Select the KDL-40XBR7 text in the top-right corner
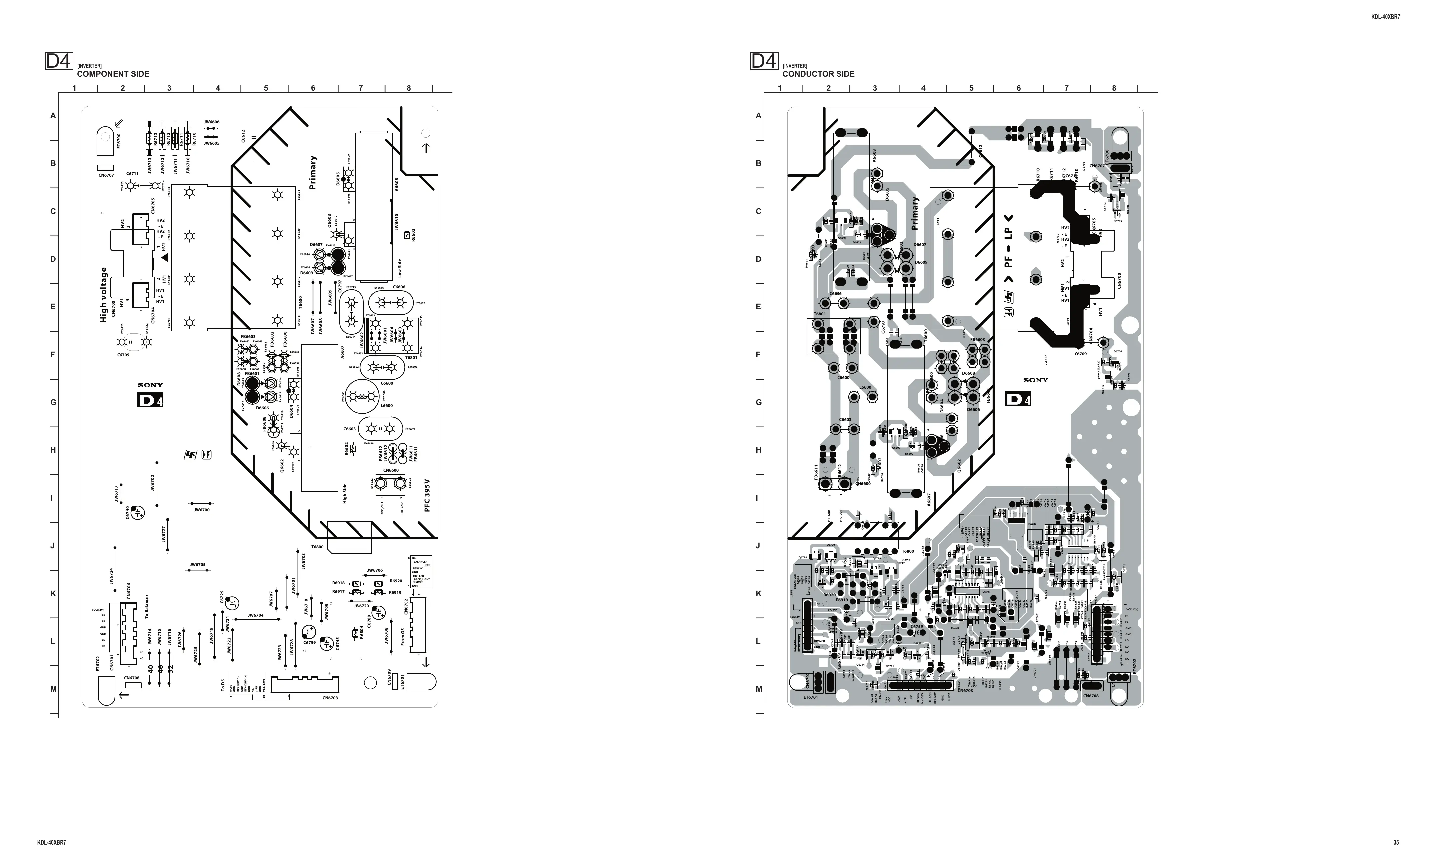(x=1385, y=17)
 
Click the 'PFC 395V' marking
(x=427, y=495)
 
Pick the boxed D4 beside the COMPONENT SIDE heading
(x=59, y=61)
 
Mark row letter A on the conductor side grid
(x=758, y=116)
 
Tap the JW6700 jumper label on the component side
(x=202, y=510)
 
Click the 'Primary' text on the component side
(x=313, y=172)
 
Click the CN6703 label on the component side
(x=330, y=698)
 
